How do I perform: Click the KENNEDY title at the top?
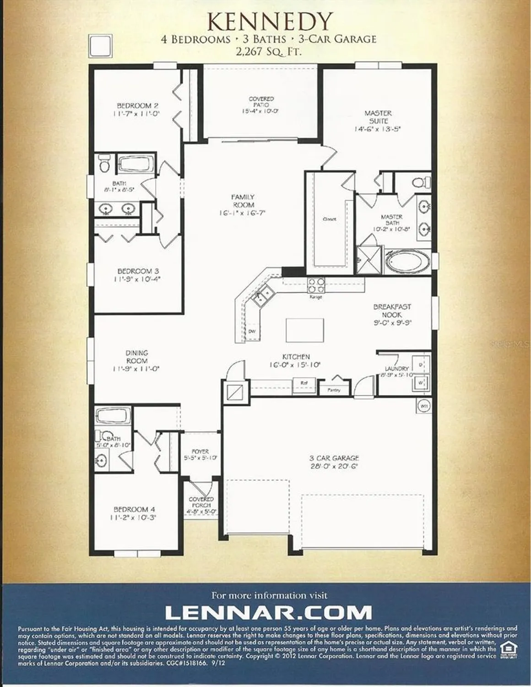tap(269, 21)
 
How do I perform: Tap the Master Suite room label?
tap(378, 117)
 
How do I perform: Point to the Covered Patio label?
tap(261, 102)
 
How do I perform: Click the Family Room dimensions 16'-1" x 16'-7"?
tap(243, 213)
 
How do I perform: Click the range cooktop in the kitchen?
tap(316, 286)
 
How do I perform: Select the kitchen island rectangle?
tap(305, 330)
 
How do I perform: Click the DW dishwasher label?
tap(252, 331)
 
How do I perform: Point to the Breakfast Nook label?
tap(392, 311)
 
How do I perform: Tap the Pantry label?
tap(334, 390)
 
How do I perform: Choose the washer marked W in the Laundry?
tap(421, 382)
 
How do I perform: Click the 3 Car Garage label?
tap(334, 458)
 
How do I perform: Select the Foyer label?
tap(200, 451)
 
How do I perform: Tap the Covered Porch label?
tap(201, 502)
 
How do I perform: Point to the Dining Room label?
tap(136, 357)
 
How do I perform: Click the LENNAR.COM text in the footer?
tap(268, 612)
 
